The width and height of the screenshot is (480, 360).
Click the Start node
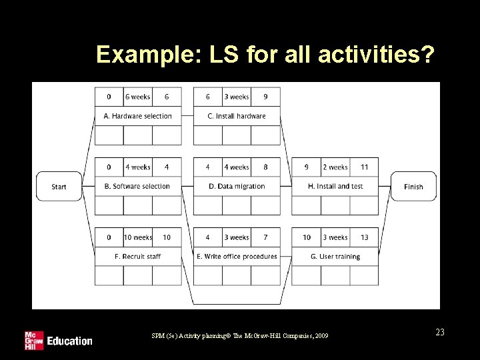[59, 187]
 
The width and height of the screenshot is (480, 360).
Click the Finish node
[413, 187]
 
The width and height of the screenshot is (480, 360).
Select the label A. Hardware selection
[137, 116]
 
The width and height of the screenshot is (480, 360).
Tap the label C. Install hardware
[237, 116]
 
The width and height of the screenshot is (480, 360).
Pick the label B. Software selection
[137, 186]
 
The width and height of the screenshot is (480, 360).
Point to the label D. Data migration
[237, 186]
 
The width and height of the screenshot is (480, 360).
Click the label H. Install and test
[335, 186]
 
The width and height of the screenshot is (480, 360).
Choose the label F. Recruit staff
[137, 256]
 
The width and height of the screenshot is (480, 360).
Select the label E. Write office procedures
[237, 256]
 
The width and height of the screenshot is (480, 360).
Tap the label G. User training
[335, 256]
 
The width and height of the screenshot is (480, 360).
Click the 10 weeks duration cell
[138, 237]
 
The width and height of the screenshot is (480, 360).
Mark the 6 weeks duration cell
[138, 97]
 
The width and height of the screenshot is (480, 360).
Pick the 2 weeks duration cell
[335, 167]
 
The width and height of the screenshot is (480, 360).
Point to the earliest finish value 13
[364, 237]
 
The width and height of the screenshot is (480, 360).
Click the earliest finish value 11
[364, 167]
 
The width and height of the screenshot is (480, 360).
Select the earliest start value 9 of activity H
[307, 167]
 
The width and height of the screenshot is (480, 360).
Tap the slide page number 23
[440, 332]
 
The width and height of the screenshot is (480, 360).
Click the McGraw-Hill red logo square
[33, 340]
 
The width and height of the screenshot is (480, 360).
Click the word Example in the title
[136, 54]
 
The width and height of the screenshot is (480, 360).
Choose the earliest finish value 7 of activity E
[265, 237]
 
